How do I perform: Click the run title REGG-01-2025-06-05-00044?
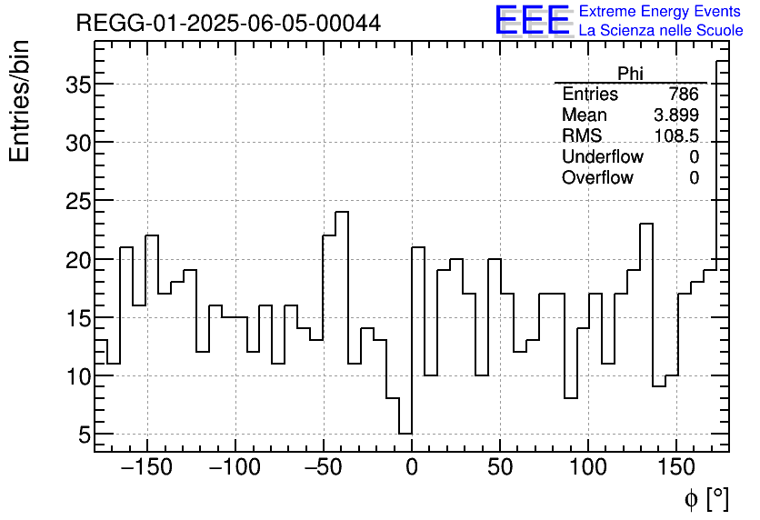click(228, 23)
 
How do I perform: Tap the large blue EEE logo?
click(532, 20)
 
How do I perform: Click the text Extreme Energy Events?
click(661, 11)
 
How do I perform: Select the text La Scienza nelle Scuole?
click(661, 30)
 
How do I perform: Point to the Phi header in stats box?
click(630, 74)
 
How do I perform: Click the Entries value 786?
click(683, 95)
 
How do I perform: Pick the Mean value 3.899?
click(676, 115)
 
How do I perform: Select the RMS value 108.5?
click(676, 136)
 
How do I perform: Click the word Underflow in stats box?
click(602, 157)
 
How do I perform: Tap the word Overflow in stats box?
click(597, 178)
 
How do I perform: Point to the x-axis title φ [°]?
click(706, 498)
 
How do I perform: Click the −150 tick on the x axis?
click(146, 468)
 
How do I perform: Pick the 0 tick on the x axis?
click(412, 468)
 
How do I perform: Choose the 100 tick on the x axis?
click(588, 468)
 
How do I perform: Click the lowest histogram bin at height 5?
click(405, 434)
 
